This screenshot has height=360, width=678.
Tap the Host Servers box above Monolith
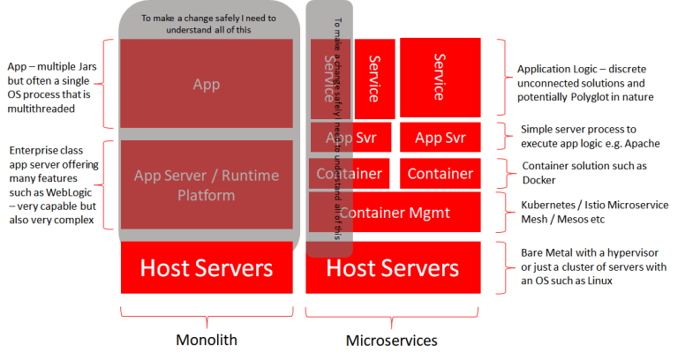[x=207, y=267]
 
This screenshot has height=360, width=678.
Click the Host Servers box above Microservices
[x=394, y=267]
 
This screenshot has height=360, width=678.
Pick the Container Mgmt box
[x=396, y=212]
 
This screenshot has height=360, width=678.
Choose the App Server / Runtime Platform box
[x=207, y=184]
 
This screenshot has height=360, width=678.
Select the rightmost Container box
[x=440, y=173]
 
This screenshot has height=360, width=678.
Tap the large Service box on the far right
[x=440, y=77]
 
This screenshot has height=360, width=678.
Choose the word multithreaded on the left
[x=42, y=109]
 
